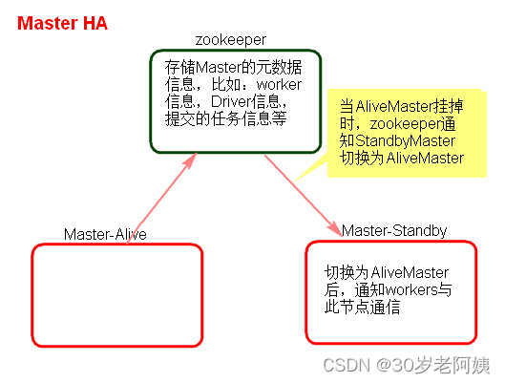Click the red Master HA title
click(x=62, y=24)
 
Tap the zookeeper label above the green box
click(x=231, y=40)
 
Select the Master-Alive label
click(x=105, y=234)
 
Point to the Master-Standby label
click(x=394, y=230)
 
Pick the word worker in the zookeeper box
click(x=279, y=84)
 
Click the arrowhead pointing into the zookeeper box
click(x=191, y=160)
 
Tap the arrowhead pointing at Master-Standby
click(x=336, y=229)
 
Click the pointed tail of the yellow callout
click(x=295, y=181)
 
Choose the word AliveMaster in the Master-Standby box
click(x=410, y=273)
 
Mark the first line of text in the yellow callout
click(x=402, y=107)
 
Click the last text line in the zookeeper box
click(x=225, y=118)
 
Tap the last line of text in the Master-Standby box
click(x=362, y=307)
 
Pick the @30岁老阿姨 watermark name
click(x=432, y=366)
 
